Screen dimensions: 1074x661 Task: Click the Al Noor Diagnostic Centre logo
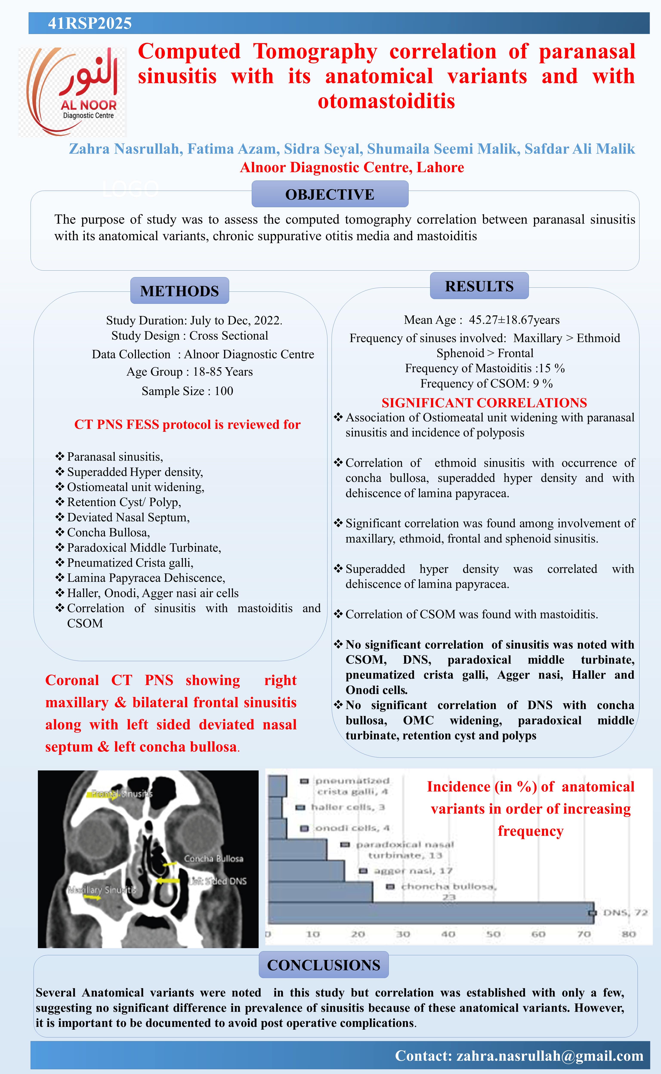72,92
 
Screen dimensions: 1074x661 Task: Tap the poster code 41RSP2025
90,23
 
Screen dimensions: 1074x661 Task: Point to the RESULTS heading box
479,286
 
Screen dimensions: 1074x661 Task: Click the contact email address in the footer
550,1056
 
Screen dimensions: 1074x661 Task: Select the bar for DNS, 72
431,913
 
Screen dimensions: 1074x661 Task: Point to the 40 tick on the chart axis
448,934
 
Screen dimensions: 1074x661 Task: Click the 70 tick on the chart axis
584,934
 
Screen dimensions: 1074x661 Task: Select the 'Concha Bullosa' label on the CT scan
213,858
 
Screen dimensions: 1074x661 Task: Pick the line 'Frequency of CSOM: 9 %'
486,383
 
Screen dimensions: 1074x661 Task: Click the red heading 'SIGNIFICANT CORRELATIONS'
484,403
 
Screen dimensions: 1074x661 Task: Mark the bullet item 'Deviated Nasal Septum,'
128,517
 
